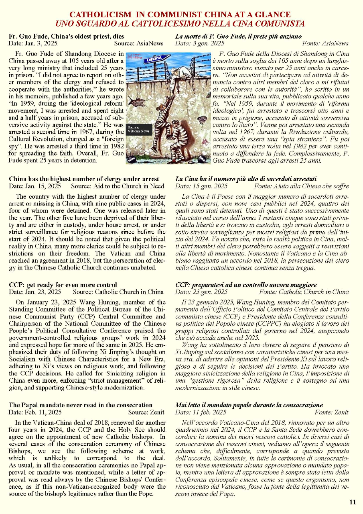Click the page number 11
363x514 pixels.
pos(353,502)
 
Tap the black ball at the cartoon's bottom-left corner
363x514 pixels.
pos(131,159)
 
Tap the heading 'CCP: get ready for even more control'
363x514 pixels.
pos(63,285)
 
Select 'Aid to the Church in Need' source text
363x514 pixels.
pos(128,186)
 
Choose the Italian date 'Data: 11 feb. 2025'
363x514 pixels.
pos(201,412)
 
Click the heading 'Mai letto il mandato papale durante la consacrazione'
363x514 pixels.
pos(249,405)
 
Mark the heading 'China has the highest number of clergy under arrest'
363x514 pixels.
pos(84,179)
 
